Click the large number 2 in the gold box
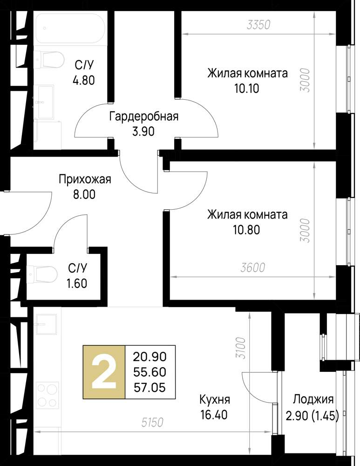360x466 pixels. tap(104, 372)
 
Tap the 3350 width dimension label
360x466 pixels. tap(258, 25)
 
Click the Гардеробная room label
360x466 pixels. tap(143, 116)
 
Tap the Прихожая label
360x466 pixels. tap(84, 179)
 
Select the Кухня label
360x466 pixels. tap(215, 400)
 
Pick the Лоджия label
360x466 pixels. tap(313, 400)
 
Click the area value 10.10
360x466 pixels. tap(247, 88)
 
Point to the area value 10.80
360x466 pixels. tap(247, 229)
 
